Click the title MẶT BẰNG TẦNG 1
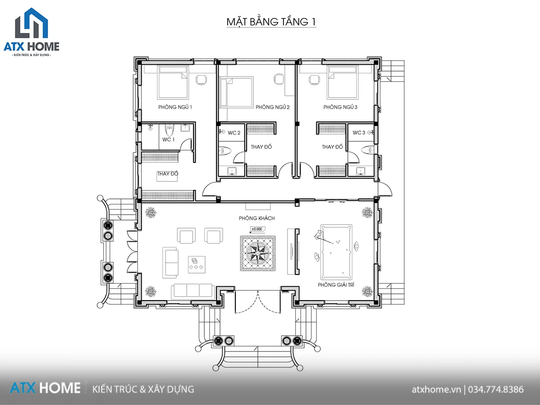pos(271,22)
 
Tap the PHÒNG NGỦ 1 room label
pos(175,107)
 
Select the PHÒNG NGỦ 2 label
pos(273,107)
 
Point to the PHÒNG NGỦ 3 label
pos(340,107)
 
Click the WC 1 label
pos(168,139)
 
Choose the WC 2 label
pos(234,133)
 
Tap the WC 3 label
pos(359,133)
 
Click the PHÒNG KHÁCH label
pos(256,218)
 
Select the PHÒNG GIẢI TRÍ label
pos(336,285)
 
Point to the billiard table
pos(336,252)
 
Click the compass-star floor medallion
pos(257,253)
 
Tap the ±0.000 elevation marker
pos(257,229)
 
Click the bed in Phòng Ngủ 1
pos(173,82)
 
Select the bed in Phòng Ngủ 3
pos(342,82)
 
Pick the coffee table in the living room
pos(197,265)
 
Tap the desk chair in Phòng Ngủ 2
pos(279,79)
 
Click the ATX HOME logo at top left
pos(31,32)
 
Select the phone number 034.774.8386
pos(496,389)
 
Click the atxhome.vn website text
pos(436,390)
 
